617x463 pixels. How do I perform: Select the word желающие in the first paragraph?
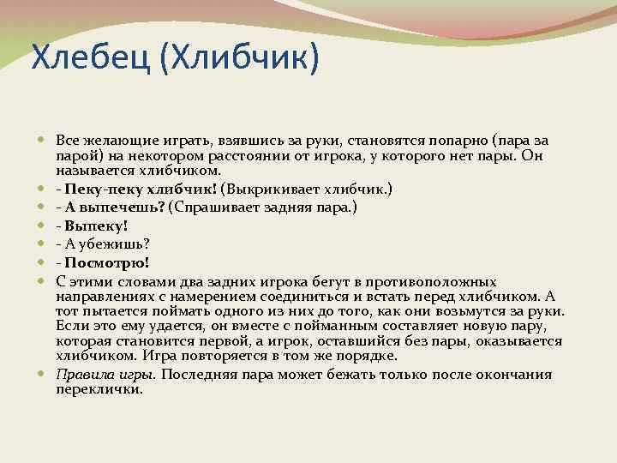(113, 140)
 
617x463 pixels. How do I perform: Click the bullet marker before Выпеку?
(43, 226)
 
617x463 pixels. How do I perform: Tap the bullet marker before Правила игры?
(43, 375)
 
